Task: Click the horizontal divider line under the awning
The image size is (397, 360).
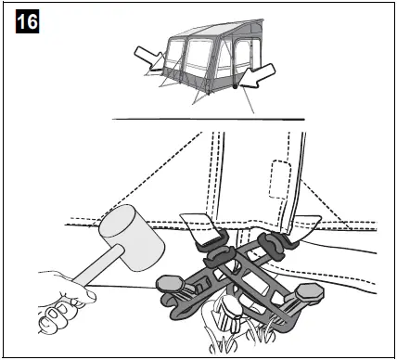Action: [x=208, y=119]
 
